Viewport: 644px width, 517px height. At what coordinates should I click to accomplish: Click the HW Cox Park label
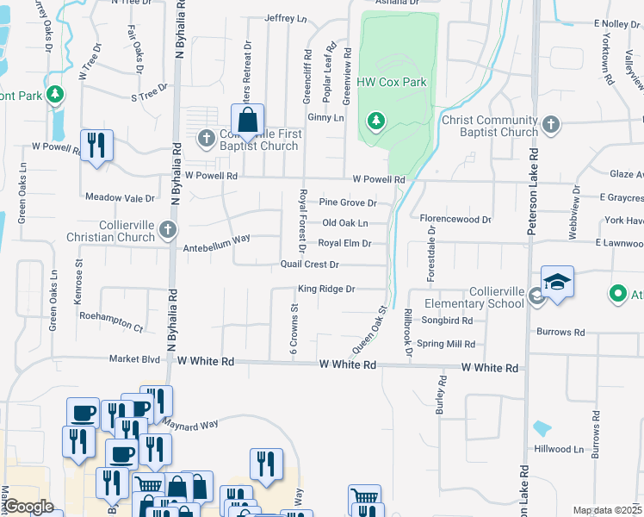[392, 83]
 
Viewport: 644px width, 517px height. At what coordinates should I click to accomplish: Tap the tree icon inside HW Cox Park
[375, 121]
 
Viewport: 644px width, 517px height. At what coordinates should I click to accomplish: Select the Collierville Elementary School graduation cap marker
[557, 282]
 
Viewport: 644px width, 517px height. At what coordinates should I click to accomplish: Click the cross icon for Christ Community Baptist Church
[551, 126]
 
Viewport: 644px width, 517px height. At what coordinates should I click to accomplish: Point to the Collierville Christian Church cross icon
[168, 230]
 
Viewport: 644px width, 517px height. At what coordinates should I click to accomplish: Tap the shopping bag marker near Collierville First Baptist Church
[247, 120]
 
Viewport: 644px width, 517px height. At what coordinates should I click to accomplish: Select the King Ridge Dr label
[326, 289]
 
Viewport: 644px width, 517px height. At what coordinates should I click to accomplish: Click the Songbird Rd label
[448, 321]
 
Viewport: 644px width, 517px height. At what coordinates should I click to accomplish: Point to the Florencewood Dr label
[455, 220]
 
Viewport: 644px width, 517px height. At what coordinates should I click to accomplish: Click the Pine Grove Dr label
[348, 202]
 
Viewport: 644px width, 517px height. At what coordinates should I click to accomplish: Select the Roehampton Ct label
[110, 327]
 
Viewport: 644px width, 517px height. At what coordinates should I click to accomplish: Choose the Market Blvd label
[134, 358]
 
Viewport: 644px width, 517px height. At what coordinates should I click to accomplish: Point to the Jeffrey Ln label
[286, 18]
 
